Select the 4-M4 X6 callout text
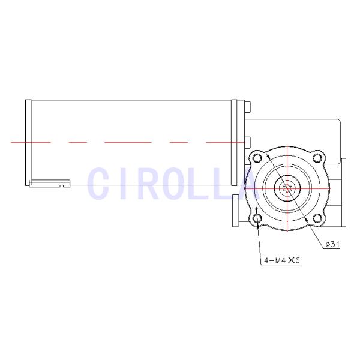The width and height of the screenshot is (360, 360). (x=281, y=260)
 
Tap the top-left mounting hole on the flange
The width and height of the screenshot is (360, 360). (x=258, y=158)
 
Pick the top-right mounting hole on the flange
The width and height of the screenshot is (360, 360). (x=317, y=158)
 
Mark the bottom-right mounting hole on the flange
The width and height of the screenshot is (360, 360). (x=317, y=217)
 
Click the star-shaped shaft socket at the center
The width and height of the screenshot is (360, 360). (x=288, y=188)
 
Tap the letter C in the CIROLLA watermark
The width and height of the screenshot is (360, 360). (x=100, y=183)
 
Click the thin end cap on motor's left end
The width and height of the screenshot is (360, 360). (x=28, y=142)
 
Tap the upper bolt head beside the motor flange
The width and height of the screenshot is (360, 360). (x=247, y=108)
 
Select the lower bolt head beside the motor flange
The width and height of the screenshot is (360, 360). (x=247, y=141)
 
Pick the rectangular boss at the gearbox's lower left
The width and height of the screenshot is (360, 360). (x=235, y=214)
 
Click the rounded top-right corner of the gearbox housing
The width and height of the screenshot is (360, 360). (x=337, y=122)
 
